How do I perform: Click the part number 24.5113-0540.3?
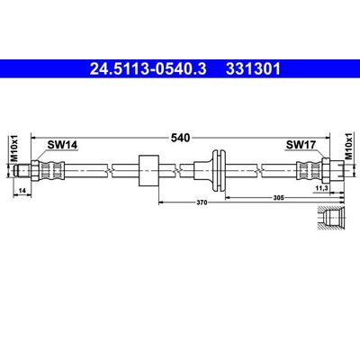click(148, 68)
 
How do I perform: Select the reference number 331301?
click(253, 68)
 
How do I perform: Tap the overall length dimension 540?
click(180, 138)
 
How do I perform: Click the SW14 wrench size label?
click(62, 145)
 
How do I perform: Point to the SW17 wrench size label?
click(301, 145)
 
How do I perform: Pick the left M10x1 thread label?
click(14, 148)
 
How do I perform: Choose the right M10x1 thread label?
click(348, 146)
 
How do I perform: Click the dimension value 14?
click(22, 190)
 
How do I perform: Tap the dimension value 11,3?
click(322, 188)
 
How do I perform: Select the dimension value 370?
click(202, 202)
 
